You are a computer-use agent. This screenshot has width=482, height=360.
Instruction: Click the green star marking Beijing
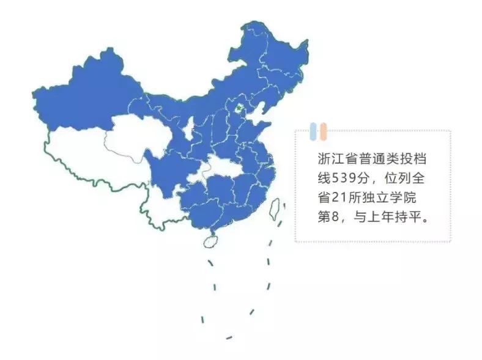[x=239, y=109]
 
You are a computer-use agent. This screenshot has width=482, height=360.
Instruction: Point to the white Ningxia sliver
[x=190, y=129]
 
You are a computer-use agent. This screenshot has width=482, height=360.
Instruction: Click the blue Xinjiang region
[x=86, y=101]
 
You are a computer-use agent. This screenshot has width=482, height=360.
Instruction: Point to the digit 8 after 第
[x=333, y=218]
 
